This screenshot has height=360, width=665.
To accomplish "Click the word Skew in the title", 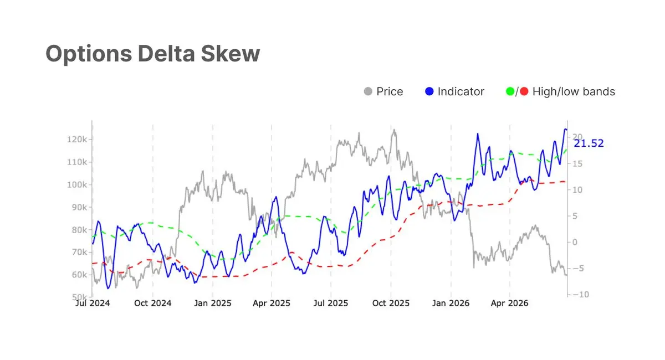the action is [x=230, y=54].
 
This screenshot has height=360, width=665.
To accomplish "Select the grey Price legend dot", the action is [x=368, y=91].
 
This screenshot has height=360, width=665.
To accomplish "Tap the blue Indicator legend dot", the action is [x=429, y=91].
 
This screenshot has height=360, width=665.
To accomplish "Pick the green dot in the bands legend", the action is [x=510, y=91].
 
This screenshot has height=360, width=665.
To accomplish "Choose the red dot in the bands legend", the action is [x=524, y=91].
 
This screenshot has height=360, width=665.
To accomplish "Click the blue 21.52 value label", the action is [x=589, y=143].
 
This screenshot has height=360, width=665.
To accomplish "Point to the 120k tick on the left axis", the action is [x=77, y=139].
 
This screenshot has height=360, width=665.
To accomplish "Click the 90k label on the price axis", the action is [x=79, y=207].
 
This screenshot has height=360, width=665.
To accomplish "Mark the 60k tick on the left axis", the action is [x=79, y=275].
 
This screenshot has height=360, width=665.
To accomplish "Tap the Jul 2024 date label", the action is [x=93, y=303].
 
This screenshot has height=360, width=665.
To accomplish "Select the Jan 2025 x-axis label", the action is [x=213, y=303].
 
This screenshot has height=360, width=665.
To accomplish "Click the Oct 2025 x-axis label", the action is [x=391, y=303].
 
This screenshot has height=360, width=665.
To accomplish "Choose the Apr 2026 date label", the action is [x=509, y=303].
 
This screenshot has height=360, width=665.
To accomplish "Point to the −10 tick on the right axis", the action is [x=581, y=295].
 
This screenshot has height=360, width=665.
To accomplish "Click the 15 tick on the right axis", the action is [x=577, y=164].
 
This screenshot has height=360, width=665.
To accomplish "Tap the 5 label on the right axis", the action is [x=575, y=216].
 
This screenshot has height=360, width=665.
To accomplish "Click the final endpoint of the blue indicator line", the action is [x=566, y=130].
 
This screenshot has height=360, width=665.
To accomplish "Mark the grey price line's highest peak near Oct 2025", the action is [x=394, y=130].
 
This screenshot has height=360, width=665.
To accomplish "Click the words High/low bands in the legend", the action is [x=574, y=91].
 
